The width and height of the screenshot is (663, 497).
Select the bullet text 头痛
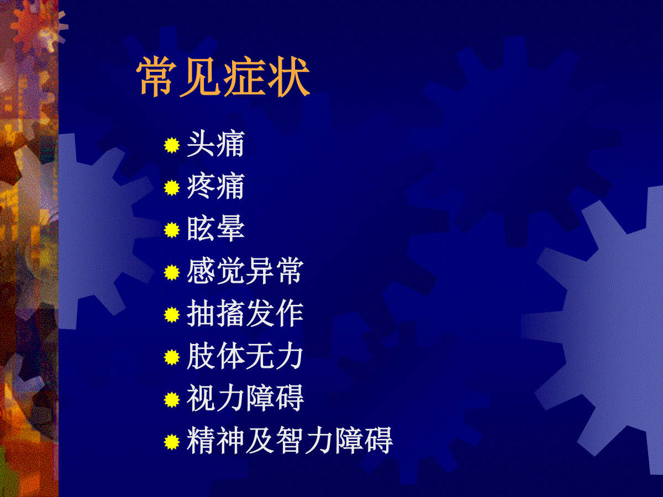pyautogui.click(x=215, y=144)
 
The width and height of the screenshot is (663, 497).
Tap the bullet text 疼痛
pyautogui.click(x=215, y=187)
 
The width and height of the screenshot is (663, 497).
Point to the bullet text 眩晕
pyautogui.click(x=215, y=229)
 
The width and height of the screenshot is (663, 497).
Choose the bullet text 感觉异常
pyautogui.click(x=245, y=271)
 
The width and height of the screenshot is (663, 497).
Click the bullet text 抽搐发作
pyautogui.click(x=245, y=314)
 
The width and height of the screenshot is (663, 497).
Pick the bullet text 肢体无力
pyautogui.click(x=245, y=356)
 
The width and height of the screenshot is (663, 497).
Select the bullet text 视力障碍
pyautogui.click(x=245, y=398)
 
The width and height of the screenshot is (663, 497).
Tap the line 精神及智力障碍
pyautogui.click(x=290, y=441)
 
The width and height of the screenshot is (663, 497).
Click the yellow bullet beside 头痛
pyautogui.click(x=172, y=145)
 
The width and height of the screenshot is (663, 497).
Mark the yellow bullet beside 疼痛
pyautogui.click(x=172, y=188)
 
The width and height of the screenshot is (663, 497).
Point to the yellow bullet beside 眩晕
pyautogui.click(x=172, y=230)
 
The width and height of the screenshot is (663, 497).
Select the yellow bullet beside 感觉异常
pyautogui.click(x=172, y=272)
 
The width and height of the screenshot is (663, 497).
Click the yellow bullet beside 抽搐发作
pyautogui.click(x=172, y=315)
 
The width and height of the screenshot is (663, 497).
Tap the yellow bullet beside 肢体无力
pyautogui.click(x=172, y=357)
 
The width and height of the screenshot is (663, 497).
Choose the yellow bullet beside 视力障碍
pyautogui.click(x=172, y=399)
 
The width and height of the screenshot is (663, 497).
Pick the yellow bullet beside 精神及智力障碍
pyautogui.click(x=172, y=442)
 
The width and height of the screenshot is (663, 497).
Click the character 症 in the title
pyautogui.click(x=245, y=77)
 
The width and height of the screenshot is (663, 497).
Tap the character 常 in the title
pyautogui.click(x=157, y=77)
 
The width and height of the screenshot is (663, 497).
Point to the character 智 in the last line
pyautogui.click(x=291, y=441)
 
